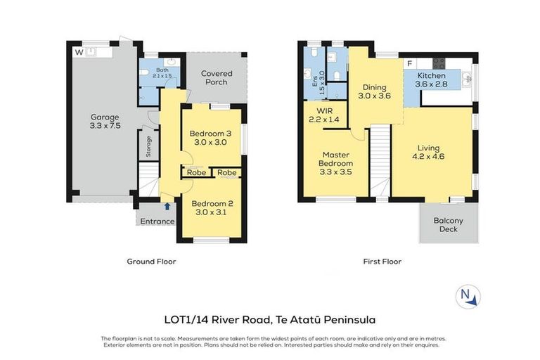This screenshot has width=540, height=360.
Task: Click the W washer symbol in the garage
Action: (79, 51)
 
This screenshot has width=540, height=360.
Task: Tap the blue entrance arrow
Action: (167, 207)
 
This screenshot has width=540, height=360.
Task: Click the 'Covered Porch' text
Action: (217, 78)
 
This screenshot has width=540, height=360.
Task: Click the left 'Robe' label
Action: (195, 173)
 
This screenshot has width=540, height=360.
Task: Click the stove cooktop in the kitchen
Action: (444, 63)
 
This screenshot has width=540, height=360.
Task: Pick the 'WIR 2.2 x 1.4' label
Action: (324, 115)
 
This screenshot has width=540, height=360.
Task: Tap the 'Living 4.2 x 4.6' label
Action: (427, 153)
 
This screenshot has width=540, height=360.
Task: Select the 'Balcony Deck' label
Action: (448, 224)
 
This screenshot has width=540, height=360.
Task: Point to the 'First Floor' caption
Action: (382, 262)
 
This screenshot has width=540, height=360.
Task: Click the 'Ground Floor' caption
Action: (151, 262)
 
